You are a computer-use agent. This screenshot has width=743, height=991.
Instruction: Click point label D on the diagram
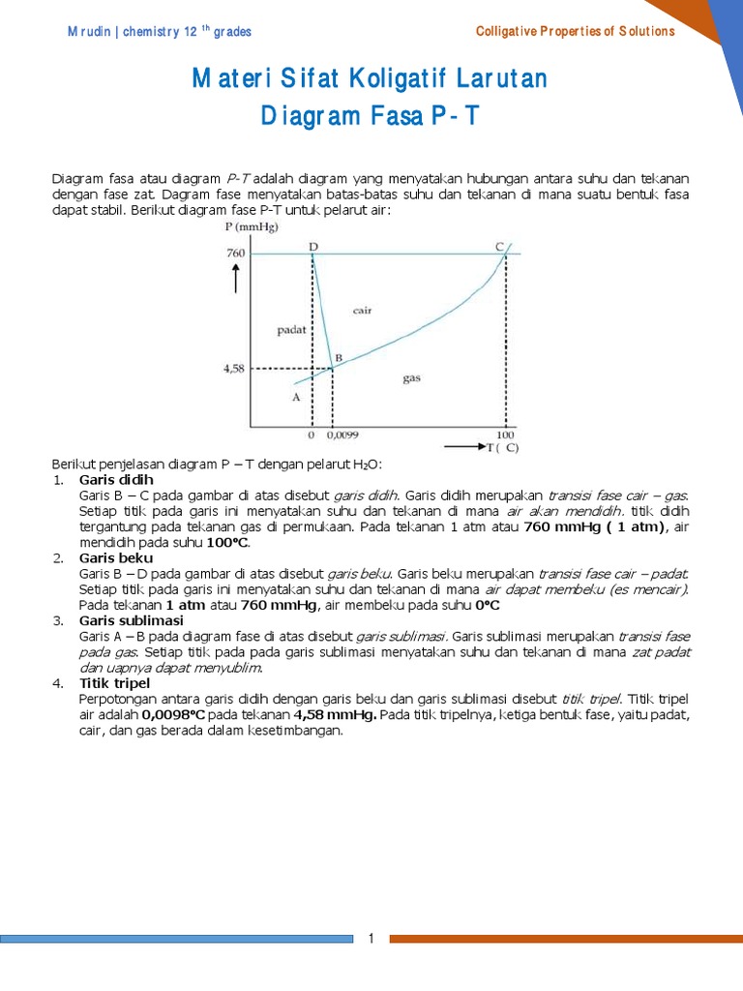pos(313,247)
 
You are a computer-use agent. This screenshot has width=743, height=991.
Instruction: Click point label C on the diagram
pos(500,247)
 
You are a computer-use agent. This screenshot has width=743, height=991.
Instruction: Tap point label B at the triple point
pos(338,358)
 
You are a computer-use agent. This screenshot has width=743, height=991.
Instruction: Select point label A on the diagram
pos(296,397)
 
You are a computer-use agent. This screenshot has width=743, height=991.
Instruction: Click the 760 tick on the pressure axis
pos(236,254)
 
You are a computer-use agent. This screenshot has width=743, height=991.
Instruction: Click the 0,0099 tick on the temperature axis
pos(342,435)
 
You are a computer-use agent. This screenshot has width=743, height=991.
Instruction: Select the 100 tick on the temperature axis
pos(505,435)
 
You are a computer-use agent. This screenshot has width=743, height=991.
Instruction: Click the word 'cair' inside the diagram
pos(363,311)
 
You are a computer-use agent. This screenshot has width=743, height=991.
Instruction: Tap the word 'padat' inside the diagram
pos(291,329)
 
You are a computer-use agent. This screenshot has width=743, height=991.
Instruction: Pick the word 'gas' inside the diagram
pos(411,378)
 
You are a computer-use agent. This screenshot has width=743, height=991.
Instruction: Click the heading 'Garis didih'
pos(116,480)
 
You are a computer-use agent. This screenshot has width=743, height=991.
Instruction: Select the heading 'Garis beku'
pos(115,557)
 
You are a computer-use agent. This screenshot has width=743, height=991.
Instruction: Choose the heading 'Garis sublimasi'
pos(132,620)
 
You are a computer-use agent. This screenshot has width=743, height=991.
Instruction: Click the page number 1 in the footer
pos(371,939)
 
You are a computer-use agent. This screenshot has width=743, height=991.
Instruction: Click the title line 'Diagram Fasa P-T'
pos(371,118)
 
